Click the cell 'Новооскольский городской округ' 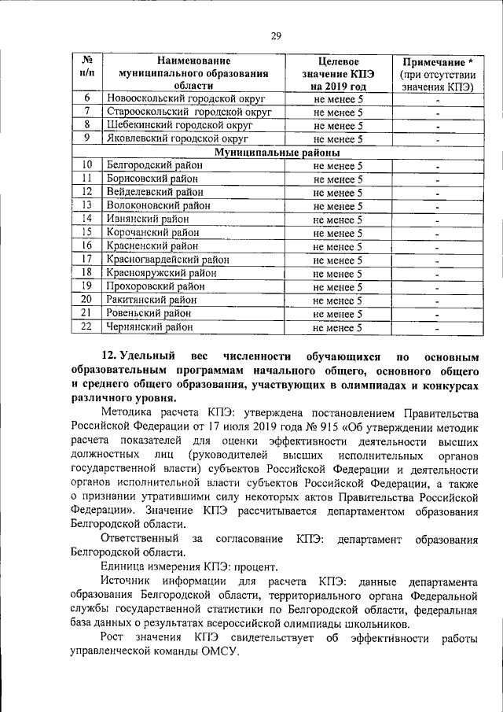[x=186, y=100]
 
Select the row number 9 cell [x=88, y=138]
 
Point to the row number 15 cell [x=88, y=232]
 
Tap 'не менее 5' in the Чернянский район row [x=337, y=327]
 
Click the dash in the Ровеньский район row [x=437, y=314]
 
